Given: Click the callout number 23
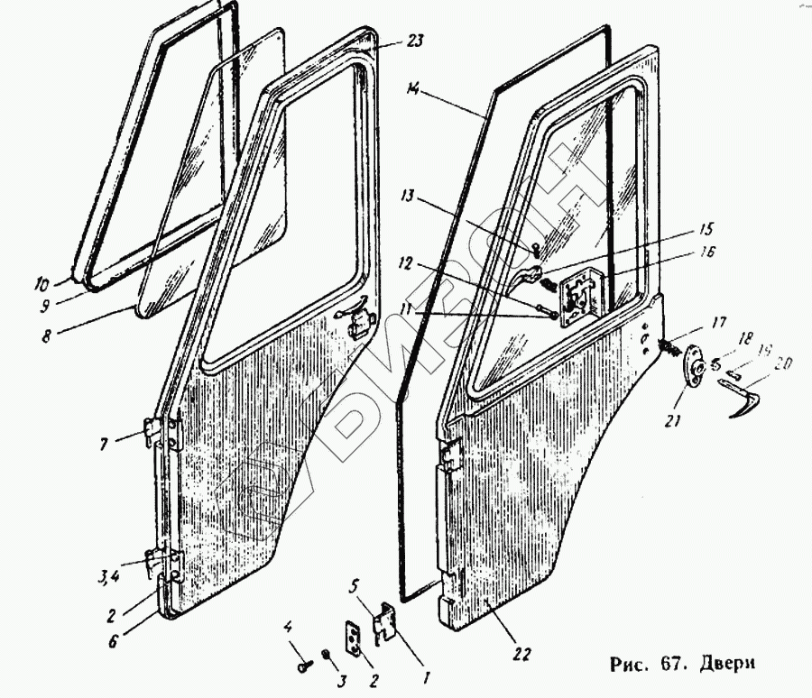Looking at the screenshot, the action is [390, 41].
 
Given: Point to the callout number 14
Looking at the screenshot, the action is [414, 89].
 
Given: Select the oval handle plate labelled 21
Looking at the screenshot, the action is [696, 366].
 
